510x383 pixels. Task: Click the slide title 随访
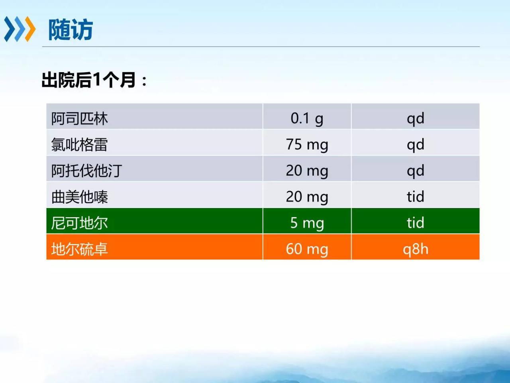[x=71, y=30]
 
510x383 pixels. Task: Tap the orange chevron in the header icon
[x=30, y=29]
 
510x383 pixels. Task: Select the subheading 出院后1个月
[x=88, y=80]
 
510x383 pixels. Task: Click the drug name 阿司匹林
[x=79, y=118]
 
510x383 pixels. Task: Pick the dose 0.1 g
[x=307, y=119]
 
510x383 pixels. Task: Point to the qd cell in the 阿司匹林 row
[x=416, y=119]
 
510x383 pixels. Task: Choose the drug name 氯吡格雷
[x=79, y=145]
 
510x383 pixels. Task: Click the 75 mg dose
[x=307, y=145]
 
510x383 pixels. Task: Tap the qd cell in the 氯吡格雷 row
[x=416, y=145]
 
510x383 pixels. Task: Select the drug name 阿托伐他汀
[x=87, y=171]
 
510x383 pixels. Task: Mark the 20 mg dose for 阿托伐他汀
[x=307, y=171]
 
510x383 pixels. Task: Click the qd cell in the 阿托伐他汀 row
[x=416, y=171]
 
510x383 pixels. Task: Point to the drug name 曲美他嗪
[x=79, y=197]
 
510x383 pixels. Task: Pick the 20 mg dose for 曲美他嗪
[x=307, y=197]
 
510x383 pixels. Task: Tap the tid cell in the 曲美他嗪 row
[x=416, y=196]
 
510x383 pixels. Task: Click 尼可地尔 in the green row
[x=79, y=223]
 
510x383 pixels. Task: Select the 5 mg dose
[x=307, y=223]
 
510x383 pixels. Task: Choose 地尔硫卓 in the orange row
[x=79, y=249]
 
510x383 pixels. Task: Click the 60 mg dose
[x=307, y=249]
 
